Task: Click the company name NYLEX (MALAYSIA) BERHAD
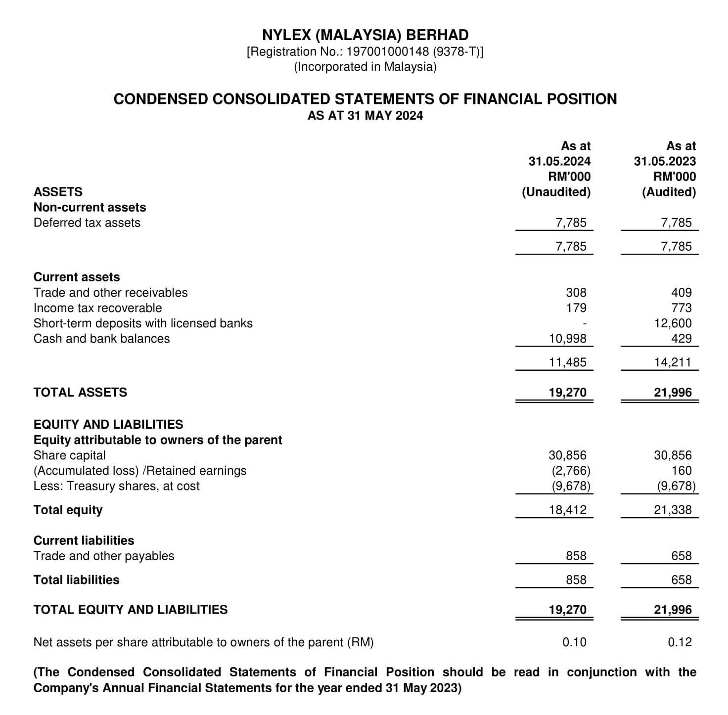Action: [x=365, y=35]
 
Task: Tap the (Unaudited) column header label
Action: [x=556, y=192]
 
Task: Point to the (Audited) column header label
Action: [x=669, y=192]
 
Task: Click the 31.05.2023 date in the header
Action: [x=665, y=161]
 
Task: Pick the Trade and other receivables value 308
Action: [x=576, y=293]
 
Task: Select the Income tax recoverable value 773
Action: [x=682, y=308]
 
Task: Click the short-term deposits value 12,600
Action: [x=673, y=323]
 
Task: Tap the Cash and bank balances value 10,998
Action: [x=568, y=339]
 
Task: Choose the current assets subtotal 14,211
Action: [x=673, y=362]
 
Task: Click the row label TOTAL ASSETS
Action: [x=80, y=393]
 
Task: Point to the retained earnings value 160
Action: [x=682, y=471]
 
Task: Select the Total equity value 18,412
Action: [x=568, y=510]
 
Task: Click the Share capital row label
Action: [x=69, y=455]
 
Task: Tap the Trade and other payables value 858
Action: [x=576, y=556]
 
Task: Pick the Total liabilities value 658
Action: [x=682, y=580]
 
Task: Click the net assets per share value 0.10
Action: [x=574, y=642]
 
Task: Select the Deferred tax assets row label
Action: [x=87, y=223]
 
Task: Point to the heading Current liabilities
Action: [x=84, y=540]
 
